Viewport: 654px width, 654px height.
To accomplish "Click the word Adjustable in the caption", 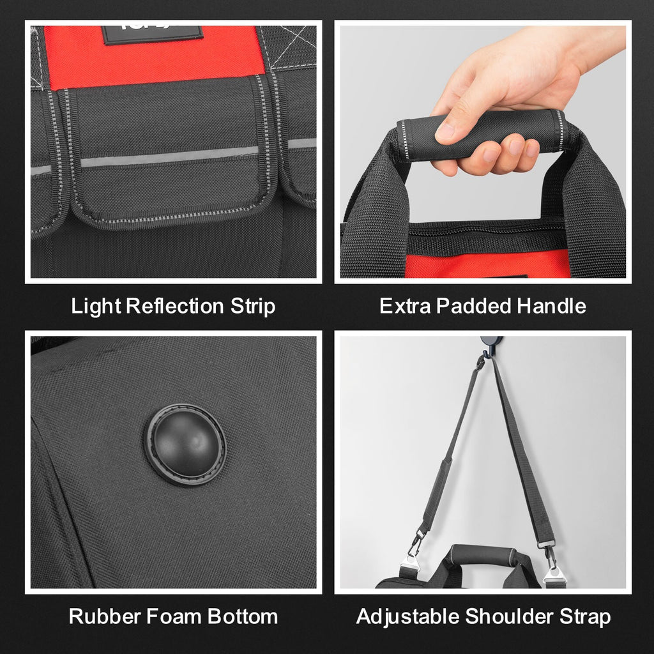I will (407, 616).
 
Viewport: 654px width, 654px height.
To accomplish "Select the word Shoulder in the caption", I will (509, 616).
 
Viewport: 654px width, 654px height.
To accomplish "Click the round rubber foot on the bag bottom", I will (185, 444).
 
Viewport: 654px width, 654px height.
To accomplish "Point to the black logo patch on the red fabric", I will (152, 35).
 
